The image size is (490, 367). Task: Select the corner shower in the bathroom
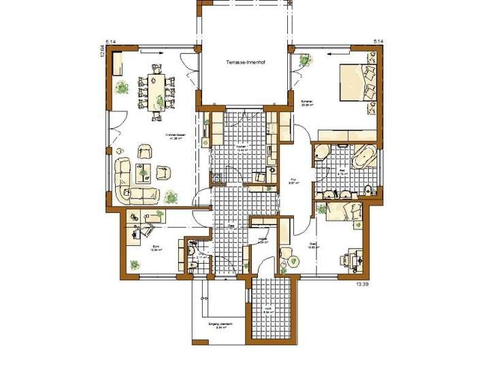pyautogui.click(x=320, y=153)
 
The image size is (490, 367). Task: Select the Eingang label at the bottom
pyautogui.click(x=218, y=325)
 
